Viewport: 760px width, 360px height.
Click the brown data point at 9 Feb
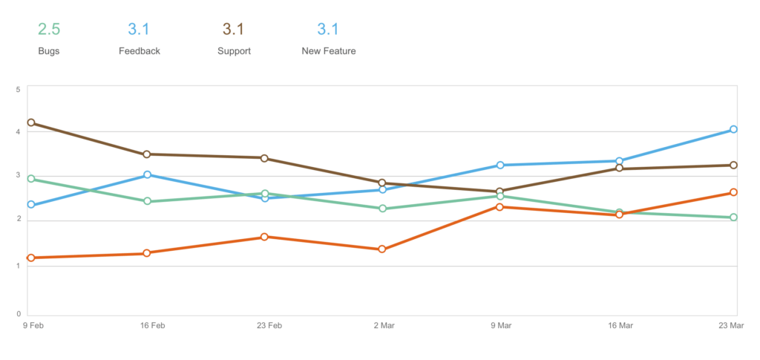pos(31,122)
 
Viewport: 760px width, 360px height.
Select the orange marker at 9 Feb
pos(31,258)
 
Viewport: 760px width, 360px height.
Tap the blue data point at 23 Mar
pos(733,129)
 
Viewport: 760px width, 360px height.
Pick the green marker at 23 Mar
pos(733,217)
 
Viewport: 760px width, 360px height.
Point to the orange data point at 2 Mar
pos(382,249)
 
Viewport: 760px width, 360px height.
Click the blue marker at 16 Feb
pos(147,175)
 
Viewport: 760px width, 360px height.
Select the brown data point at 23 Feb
pos(264,158)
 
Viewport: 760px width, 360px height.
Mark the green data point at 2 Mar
pos(382,209)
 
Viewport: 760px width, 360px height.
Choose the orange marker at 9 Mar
pos(499,207)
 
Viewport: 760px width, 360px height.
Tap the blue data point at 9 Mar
pos(500,166)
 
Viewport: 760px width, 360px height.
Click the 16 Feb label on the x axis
pos(152,326)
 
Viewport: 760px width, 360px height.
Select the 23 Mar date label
pos(732,326)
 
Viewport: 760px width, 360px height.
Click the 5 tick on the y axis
pos(19,90)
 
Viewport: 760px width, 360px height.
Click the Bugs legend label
pos(49,51)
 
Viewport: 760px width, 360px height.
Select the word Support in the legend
pos(234,51)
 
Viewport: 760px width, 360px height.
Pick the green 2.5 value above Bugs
pos(49,30)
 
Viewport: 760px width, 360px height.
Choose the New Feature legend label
pos(328,51)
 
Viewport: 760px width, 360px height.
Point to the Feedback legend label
pos(140,51)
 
